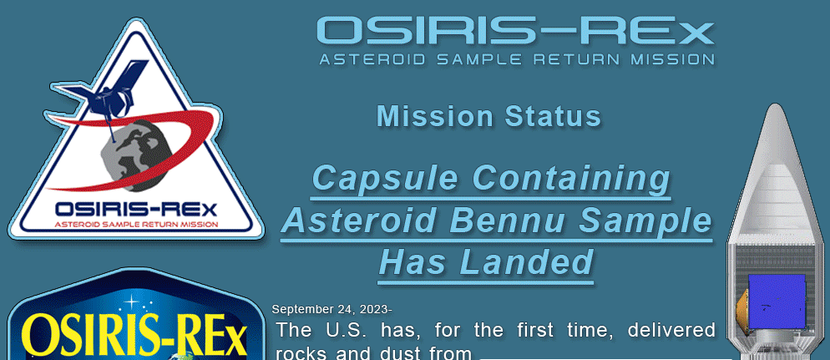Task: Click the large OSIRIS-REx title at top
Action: coord(515,31)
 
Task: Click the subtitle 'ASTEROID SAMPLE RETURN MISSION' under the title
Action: coord(517,58)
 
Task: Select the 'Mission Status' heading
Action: coord(489,116)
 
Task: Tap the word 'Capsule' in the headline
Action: coord(385,179)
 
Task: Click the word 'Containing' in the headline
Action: coord(571,179)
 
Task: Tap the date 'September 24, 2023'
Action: coord(330,310)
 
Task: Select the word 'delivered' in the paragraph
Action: coord(671,330)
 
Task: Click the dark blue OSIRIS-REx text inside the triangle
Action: coord(136,209)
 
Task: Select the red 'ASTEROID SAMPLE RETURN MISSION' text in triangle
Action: coord(136,225)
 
